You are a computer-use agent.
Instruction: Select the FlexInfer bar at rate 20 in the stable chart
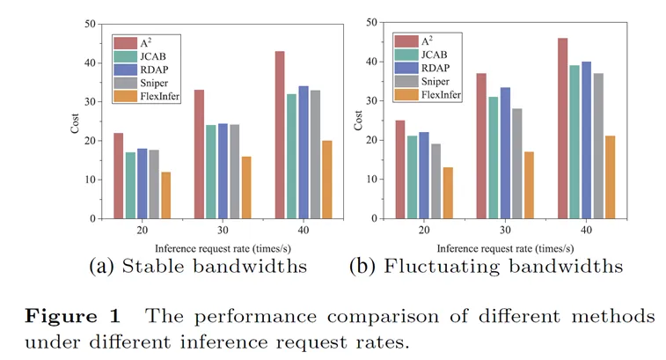165,195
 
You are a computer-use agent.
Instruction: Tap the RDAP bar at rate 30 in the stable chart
223,171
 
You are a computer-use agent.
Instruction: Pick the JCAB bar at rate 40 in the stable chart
292,156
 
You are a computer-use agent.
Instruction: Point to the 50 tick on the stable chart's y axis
91,24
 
